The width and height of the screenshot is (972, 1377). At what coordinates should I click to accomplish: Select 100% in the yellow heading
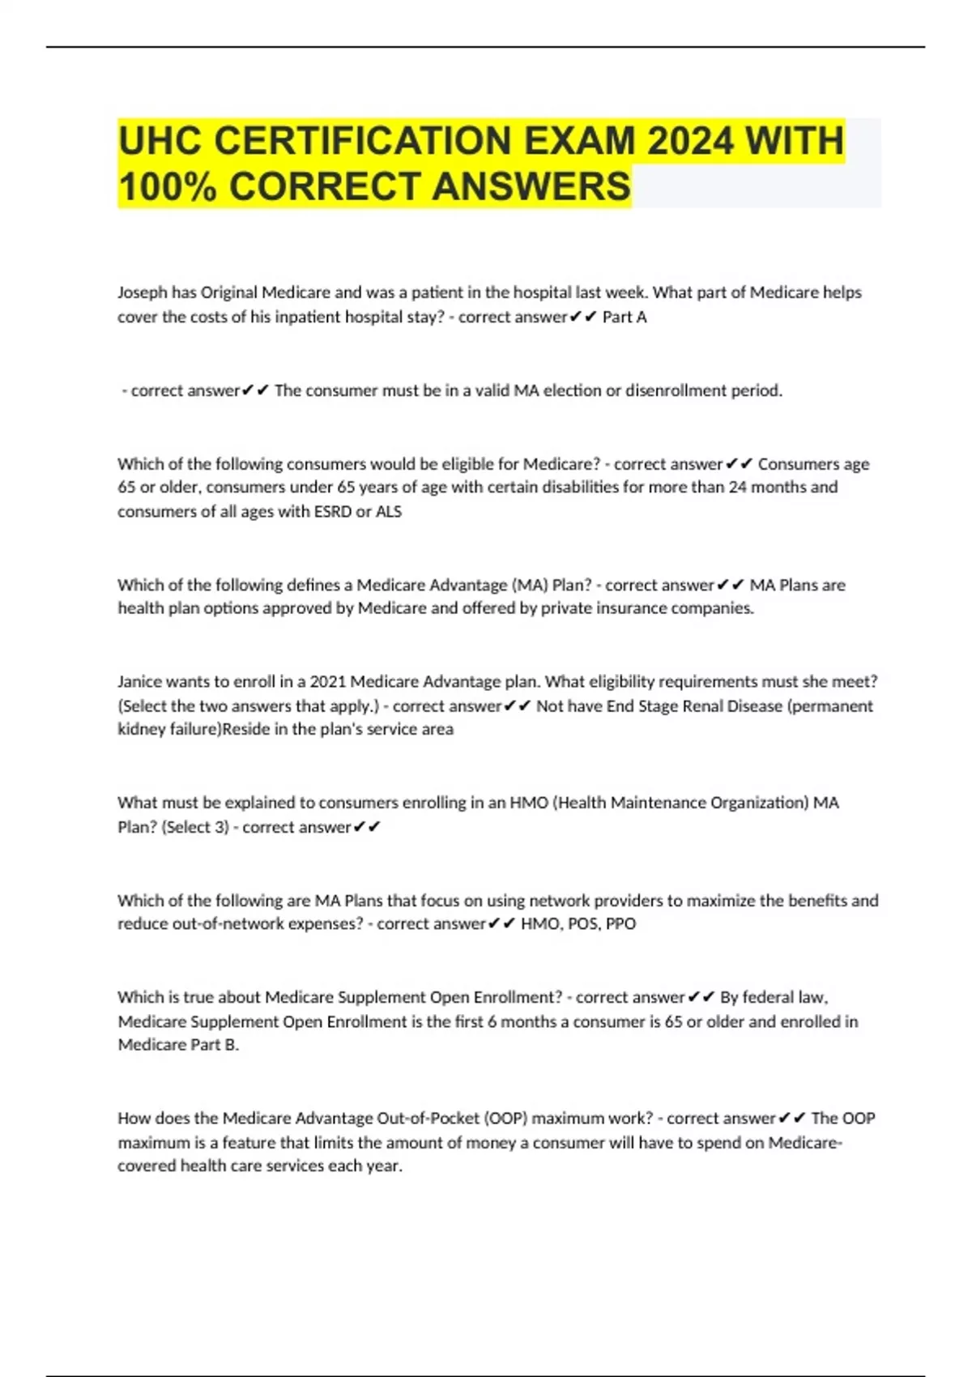[168, 186]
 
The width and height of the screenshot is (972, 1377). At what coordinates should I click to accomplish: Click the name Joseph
[143, 292]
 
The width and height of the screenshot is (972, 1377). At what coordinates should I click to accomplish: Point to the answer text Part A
[625, 317]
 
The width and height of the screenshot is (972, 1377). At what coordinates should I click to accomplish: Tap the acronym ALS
[389, 511]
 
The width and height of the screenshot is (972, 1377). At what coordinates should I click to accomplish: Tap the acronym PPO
[620, 923]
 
